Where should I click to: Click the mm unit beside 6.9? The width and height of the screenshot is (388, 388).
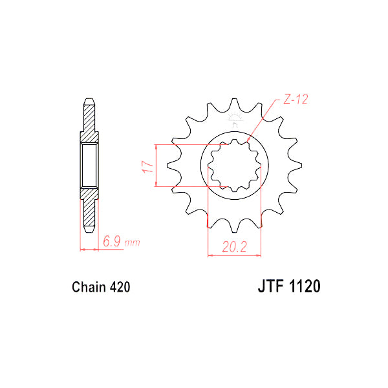pyautogui.click(x=132, y=243)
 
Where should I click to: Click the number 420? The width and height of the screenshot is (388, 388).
pyautogui.click(x=120, y=286)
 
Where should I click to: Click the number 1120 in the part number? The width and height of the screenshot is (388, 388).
pyautogui.click(x=301, y=286)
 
